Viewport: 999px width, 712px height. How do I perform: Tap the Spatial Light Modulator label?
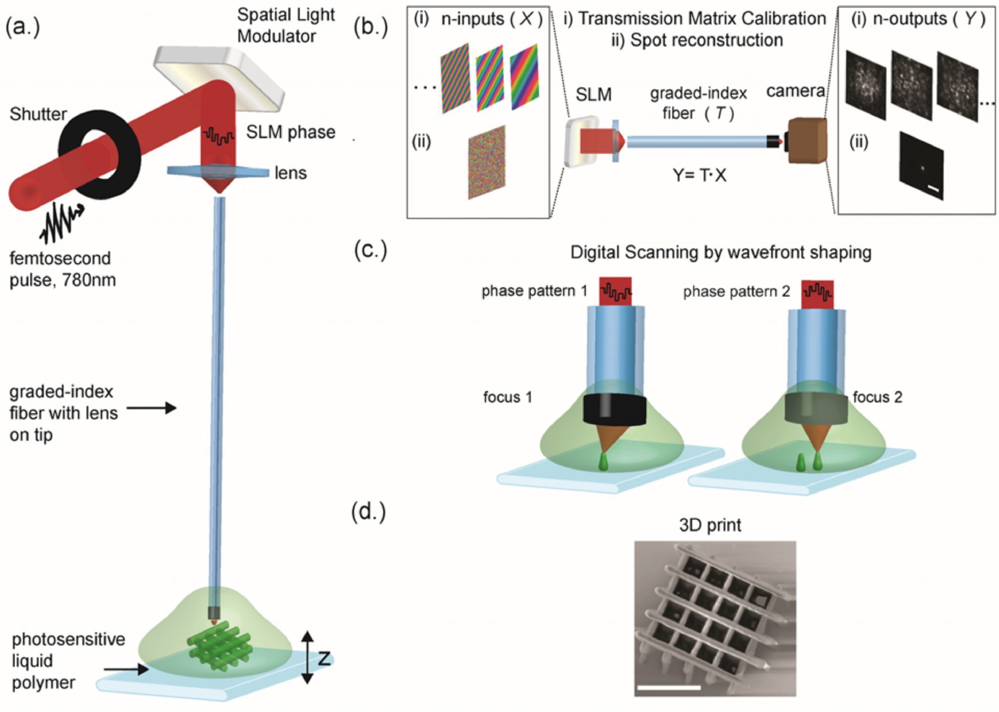tap(285, 25)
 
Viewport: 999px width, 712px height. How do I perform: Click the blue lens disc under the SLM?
tap(218, 172)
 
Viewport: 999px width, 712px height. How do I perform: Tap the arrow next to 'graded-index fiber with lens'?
tap(151, 408)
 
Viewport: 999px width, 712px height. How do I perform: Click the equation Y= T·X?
tap(699, 175)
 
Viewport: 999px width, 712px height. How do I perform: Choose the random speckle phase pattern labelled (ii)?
tap(486, 162)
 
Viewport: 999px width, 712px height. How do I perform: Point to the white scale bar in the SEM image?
tap(668, 687)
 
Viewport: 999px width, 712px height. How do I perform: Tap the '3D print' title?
tap(710, 525)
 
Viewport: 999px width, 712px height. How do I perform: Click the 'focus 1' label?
tap(507, 397)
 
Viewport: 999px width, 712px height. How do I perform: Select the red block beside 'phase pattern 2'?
tap(817, 295)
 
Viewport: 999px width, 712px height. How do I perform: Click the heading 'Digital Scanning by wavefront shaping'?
tap(720, 253)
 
